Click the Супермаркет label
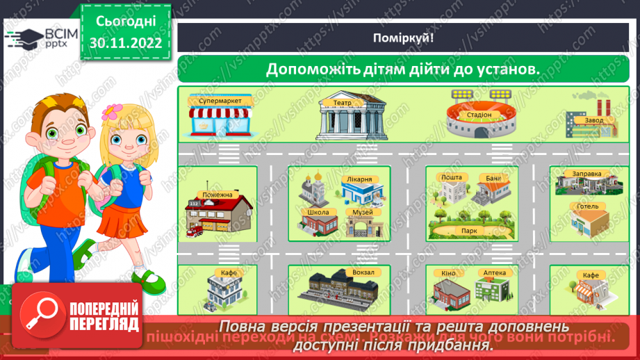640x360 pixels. click(x=220, y=101)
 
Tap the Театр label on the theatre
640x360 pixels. click(x=342, y=102)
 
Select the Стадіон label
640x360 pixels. click(x=479, y=115)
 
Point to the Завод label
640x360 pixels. click(x=593, y=120)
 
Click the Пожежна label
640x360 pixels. click(x=218, y=195)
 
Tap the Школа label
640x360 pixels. click(x=317, y=212)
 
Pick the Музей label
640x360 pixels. click(x=362, y=212)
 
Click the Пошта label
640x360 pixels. click(x=452, y=178)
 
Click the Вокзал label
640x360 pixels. click(x=363, y=272)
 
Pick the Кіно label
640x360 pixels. click(x=448, y=273)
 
